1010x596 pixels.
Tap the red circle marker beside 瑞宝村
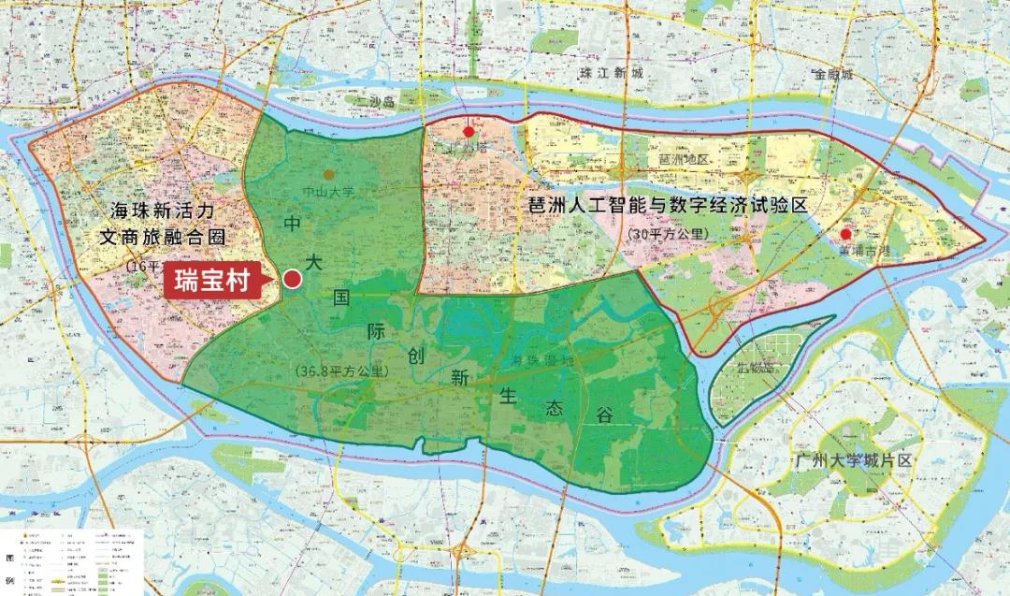pos(292,279)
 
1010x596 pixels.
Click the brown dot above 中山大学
pos(327,174)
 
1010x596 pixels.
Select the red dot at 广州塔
pos(469,132)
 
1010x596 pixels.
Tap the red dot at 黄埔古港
pos(845,234)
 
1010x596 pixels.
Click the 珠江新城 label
pos(612,73)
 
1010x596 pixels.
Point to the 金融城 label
pos(833,74)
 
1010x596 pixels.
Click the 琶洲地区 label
pos(685,160)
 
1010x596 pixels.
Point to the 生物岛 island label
pos(754,367)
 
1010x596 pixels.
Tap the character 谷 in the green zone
pos(604,414)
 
